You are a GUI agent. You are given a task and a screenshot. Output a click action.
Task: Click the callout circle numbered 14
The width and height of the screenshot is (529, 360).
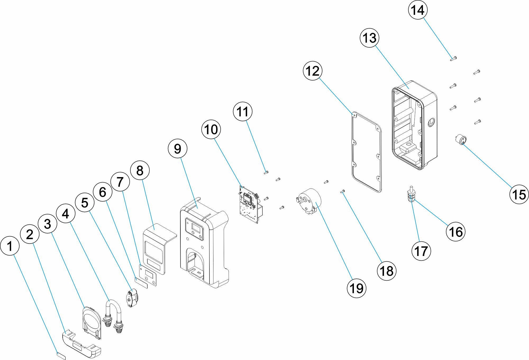[x=418, y=10]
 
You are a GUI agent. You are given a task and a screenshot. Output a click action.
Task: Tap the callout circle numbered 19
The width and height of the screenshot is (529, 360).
[x=357, y=288]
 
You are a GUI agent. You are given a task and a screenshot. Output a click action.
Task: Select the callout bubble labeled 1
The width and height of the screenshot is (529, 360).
[x=10, y=246]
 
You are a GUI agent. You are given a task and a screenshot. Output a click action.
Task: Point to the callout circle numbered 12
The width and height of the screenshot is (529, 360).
[x=313, y=71]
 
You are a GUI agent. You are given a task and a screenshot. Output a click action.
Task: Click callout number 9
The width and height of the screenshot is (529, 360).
[x=177, y=148]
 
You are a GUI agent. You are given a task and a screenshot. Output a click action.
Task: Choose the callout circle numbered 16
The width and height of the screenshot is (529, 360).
[x=456, y=232]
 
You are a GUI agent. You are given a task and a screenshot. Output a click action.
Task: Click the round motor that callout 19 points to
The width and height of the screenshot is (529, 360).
[x=308, y=201]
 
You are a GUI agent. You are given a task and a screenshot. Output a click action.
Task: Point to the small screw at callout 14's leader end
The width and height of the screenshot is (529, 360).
[x=453, y=58]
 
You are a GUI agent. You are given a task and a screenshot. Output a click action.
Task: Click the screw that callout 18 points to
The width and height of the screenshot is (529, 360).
[x=343, y=191]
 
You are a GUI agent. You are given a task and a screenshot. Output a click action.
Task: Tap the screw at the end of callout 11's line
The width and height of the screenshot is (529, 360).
[x=266, y=173]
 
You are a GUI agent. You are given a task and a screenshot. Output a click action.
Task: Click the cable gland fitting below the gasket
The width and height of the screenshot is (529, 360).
[x=411, y=194]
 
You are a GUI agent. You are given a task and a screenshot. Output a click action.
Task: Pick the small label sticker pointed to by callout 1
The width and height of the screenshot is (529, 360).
[x=61, y=355]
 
